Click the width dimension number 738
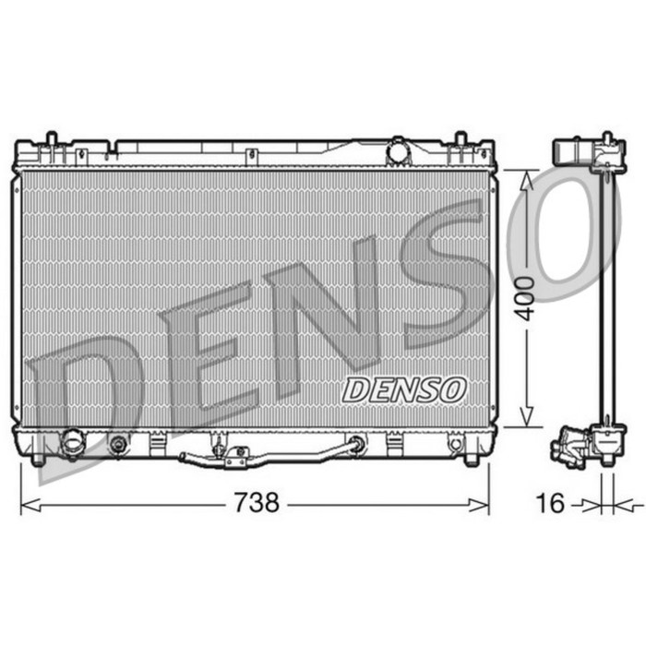(257, 503)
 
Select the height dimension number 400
(525, 297)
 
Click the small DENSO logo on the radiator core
(404, 389)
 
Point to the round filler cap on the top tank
(399, 150)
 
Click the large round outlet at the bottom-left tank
(72, 444)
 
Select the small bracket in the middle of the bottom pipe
(236, 457)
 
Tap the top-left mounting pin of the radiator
(52, 142)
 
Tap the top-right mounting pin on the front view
(460, 142)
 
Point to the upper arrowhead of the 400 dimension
(526, 179)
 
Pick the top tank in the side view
(583, 152)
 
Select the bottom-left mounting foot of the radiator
(38, 458)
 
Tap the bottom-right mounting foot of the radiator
(472, 458)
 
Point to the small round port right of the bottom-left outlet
(117, 444)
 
